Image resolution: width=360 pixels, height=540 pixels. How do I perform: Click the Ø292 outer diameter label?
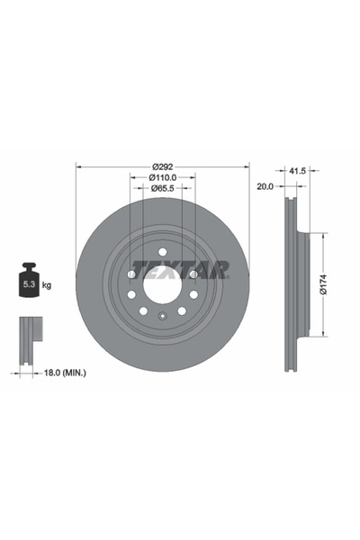[162, 167]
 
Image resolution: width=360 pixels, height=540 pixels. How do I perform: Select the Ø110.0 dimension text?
[162, 178]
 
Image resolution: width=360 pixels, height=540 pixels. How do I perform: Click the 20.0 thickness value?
[265, 188]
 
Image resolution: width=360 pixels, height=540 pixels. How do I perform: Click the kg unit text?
[47, 285]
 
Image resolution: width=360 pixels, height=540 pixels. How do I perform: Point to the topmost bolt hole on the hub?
[162, 253]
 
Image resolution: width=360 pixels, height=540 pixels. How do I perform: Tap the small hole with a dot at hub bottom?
[162, 315]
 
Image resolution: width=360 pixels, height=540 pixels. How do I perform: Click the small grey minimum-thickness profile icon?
[29, 335]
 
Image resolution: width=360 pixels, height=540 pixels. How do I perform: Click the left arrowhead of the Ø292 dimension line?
[79, 167]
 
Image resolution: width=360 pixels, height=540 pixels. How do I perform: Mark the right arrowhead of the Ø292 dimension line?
[245, 167]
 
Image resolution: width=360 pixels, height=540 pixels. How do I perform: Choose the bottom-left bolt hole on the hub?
[143, 310]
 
